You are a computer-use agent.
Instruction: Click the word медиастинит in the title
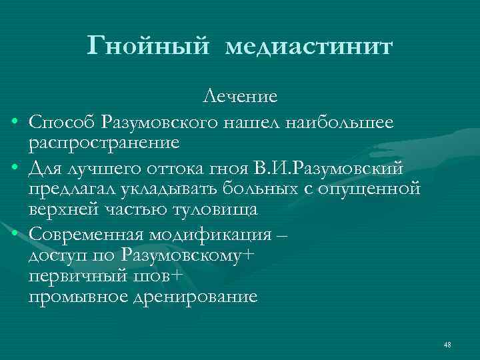tap(310, 47)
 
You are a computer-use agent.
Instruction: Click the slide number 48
tap(447, 344)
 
